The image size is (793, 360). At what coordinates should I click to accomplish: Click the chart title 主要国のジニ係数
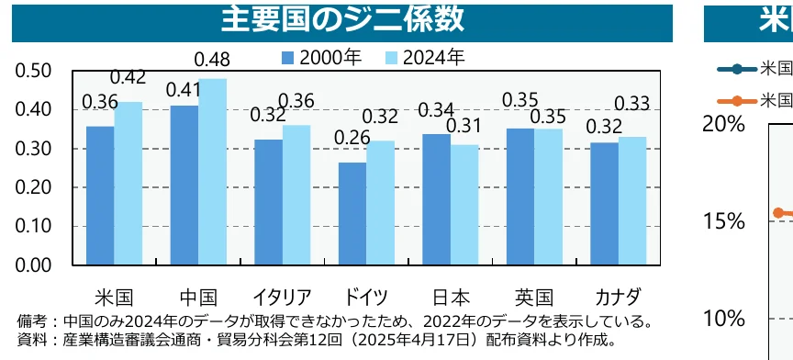(x=341, y=19)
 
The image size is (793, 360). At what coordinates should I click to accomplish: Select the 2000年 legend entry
(x=321, y=57)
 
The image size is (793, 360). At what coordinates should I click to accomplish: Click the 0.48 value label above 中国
(x=213, y=61)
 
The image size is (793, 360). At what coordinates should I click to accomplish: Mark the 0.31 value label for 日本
(x=464, y=126)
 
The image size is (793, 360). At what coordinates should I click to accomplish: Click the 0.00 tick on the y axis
(x=34, y=265)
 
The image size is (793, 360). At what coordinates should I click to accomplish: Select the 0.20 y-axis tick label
(x=34, y=188)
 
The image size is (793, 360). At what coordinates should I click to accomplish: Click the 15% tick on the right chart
(x=722, y=221)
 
